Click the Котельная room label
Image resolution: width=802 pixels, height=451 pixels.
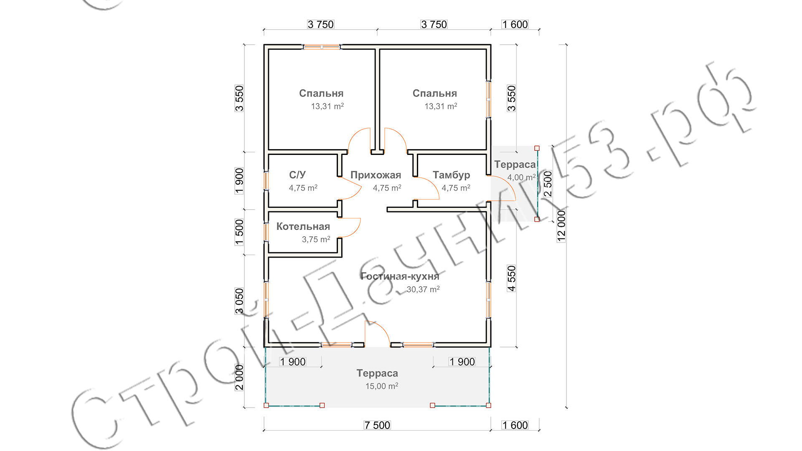coord(303,226)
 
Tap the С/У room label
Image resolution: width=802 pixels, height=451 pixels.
coord(297,175)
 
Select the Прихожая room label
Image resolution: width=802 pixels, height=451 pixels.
coord(376,175)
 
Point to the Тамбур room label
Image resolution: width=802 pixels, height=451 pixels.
coord(451,175)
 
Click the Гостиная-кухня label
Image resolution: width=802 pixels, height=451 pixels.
coord(400,276)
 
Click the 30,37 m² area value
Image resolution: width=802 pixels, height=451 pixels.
coord(423,289)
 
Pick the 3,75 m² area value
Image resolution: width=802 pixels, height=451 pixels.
coord(316,239)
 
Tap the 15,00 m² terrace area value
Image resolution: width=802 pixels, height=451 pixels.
coord(382,386)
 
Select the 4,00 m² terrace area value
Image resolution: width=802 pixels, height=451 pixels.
coord(521,177)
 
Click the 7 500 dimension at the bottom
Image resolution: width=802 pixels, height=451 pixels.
coord(377,425)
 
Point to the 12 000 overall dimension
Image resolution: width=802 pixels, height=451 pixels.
coord(561,226)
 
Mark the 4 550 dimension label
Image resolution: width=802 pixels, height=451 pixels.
coord(512,278)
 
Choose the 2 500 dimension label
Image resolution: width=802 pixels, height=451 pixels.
coord(548,184)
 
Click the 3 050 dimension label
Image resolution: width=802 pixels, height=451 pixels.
coord(239,301)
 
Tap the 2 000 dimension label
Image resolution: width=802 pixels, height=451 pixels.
coord(239,377)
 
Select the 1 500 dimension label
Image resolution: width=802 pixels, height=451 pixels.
coord(239,232)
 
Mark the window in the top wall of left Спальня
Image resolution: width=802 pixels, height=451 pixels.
coord(322,47)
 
